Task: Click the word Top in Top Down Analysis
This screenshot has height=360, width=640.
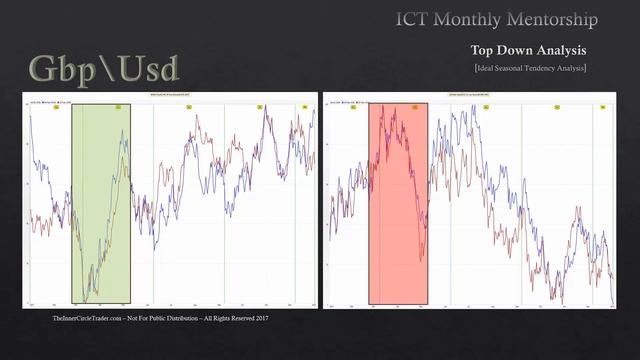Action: [483, 49]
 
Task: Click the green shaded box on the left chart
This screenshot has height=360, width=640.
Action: [100, 200]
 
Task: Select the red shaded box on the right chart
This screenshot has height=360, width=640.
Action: [398, 200]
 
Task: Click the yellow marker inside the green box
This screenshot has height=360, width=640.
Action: [118, 105]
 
